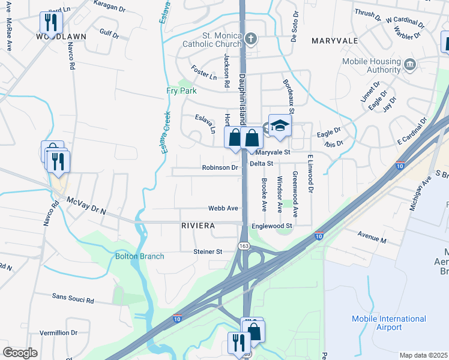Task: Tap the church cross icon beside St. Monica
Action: [252, 40]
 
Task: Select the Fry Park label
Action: [181, 91]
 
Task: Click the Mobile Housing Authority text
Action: [371, 65]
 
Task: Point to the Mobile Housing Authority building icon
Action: [410, 64]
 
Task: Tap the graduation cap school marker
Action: [280, 126]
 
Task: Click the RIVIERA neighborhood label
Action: [198, 226]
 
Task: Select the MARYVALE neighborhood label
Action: [334, 41]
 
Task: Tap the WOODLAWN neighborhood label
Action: [61, 37]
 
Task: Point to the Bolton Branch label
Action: [140, 256]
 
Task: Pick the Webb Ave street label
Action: [223, 208]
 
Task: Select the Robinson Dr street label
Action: [220, 168]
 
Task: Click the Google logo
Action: [20, 353]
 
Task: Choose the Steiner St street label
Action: [208, 251]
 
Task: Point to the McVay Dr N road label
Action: [86, 206]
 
